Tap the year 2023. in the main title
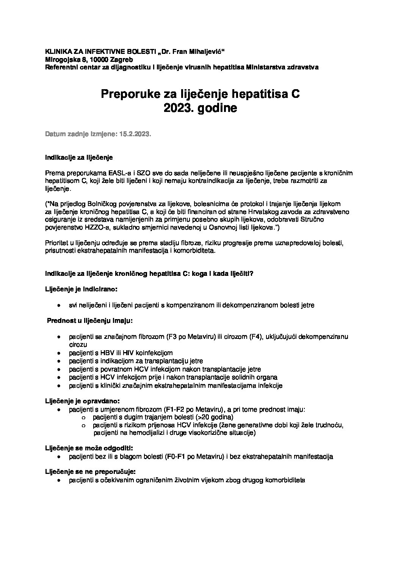click(x=179, y=108)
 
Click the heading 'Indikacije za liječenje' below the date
click(x=79, y=157)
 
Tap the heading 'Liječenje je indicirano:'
click(x=81, y=289)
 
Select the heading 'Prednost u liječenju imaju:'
click(x=89, y=321)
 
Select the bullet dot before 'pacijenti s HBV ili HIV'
click(x=59, y=353)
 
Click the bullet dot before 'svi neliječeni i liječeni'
click(x=59, y=305)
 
